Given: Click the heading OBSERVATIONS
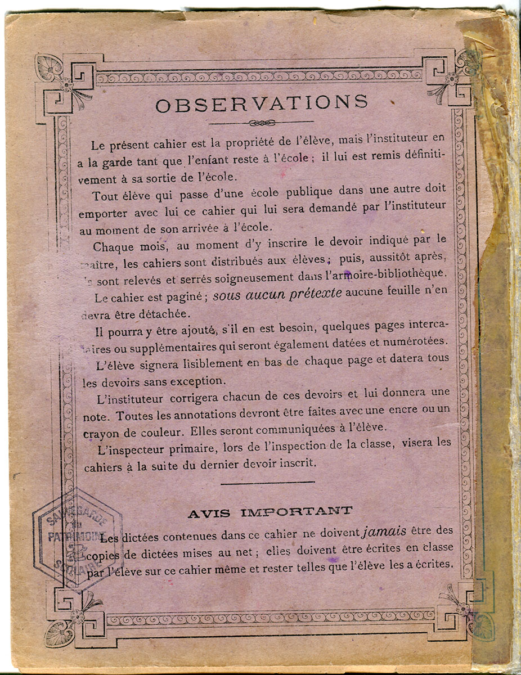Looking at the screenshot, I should coord(262,103).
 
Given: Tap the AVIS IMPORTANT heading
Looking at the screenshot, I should coord(270,512).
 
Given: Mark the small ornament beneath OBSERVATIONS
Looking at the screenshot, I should coord(261,122).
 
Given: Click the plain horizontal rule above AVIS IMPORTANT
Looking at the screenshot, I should coord(267,482).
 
